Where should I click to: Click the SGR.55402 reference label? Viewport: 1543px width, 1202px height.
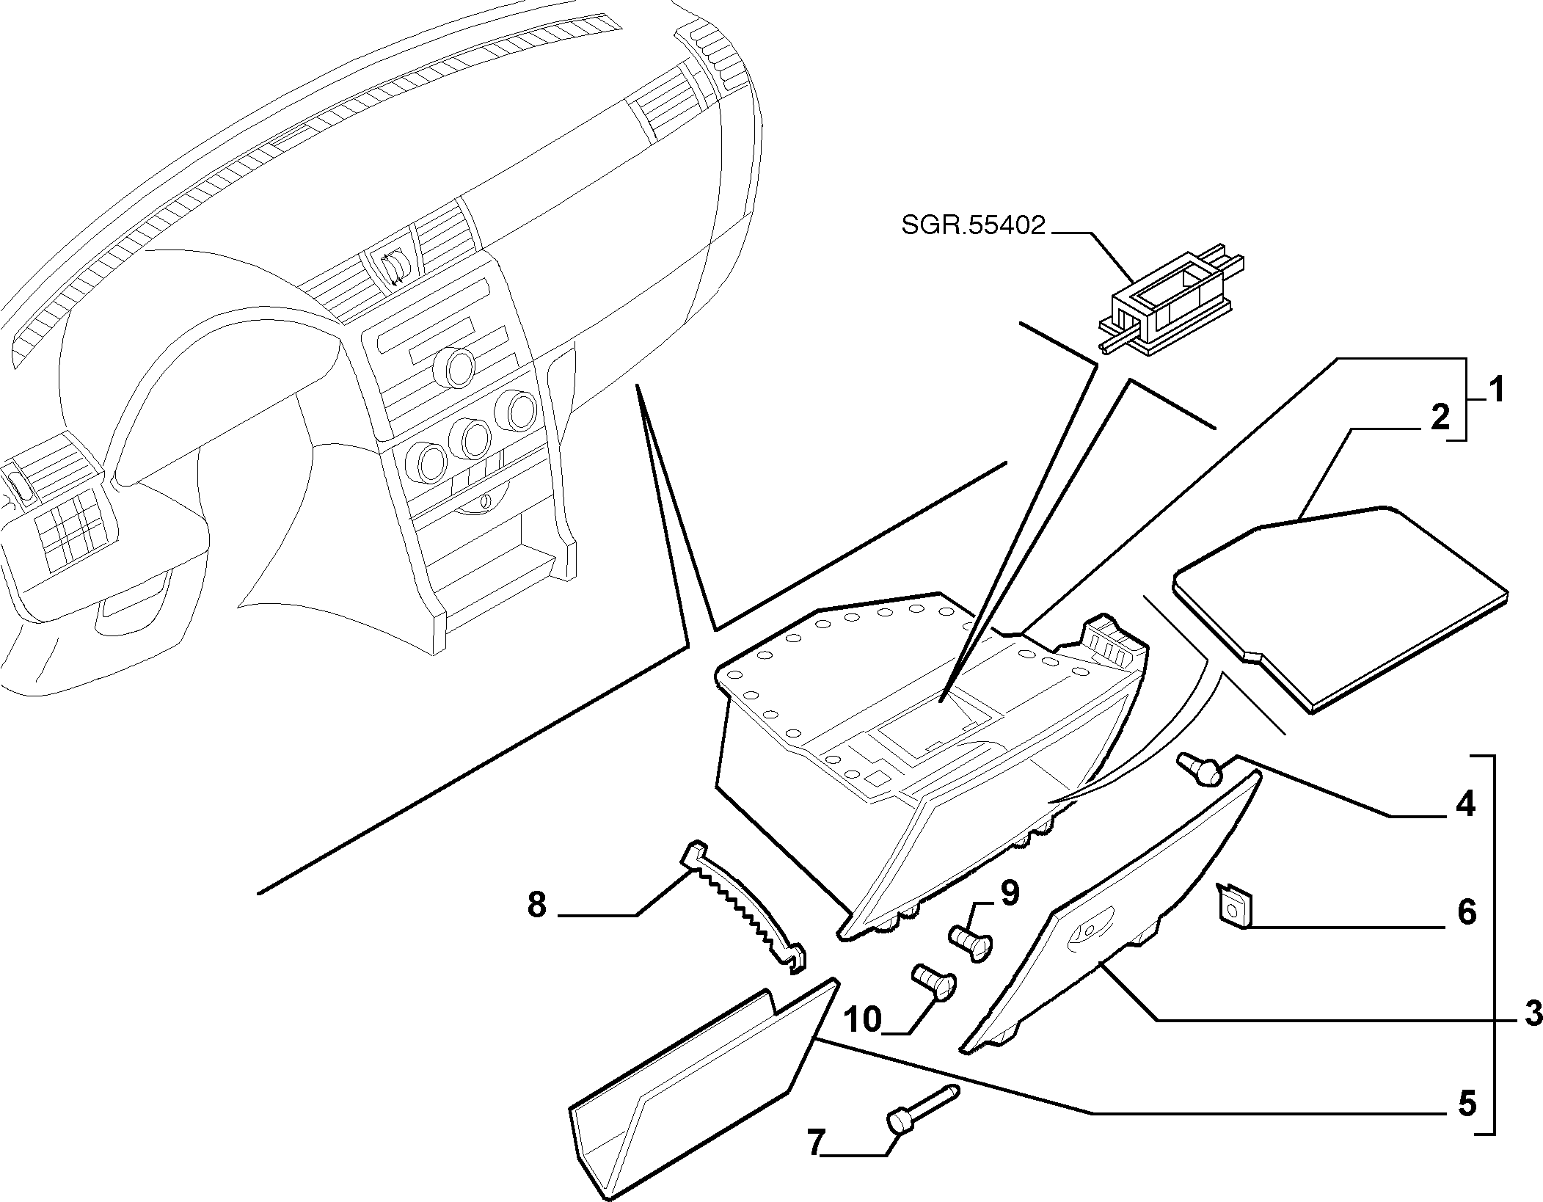973,225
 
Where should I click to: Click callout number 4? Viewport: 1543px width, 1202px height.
1464,805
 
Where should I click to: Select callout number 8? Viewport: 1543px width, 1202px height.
537,905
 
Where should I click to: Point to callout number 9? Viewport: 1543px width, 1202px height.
1010,894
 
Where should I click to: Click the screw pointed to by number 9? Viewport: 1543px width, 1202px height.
971,941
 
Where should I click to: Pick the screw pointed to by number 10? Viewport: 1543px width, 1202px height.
933,982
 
